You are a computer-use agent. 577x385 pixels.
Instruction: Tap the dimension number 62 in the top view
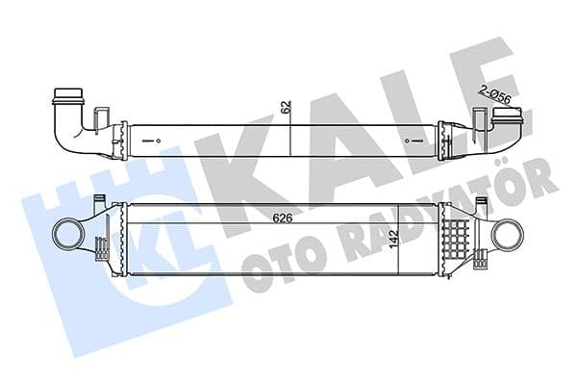click(x=286, y=109)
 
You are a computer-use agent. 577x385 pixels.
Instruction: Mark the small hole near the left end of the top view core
click(x=153, y=140)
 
